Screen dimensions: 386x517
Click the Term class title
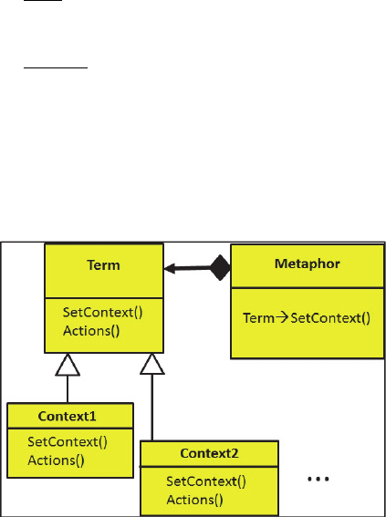tap(103, 265)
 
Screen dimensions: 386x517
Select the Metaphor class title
tap(308, 264)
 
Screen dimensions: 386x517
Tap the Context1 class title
tap(67, 416)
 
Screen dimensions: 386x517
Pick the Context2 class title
tap(209, 453)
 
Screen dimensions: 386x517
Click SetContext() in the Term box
tap(102, 312)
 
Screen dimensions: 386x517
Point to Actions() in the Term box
tap(91, 331)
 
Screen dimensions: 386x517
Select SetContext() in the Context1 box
tap(68, 442)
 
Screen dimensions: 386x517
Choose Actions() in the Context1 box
tap(56, 460)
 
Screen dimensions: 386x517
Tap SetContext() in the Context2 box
tap(206, 481)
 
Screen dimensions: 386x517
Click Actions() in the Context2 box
tap(194, 500)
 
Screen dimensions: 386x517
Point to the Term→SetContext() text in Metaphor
tap(307, 318)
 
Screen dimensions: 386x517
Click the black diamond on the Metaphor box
tap(221, 268)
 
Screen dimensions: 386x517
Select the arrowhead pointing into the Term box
tap(170, 269)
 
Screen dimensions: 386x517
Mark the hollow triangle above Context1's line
tap(68, 365)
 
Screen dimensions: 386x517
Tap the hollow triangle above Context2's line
tap(152, 364)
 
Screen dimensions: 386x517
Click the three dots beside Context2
tap(318, 479)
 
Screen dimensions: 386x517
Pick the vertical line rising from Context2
tap(152, 408)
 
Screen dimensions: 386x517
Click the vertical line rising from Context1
tap(68, 389)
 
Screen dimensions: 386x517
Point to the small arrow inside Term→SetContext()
tap(282, 318)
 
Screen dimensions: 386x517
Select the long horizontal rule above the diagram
tap(56, 67)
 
